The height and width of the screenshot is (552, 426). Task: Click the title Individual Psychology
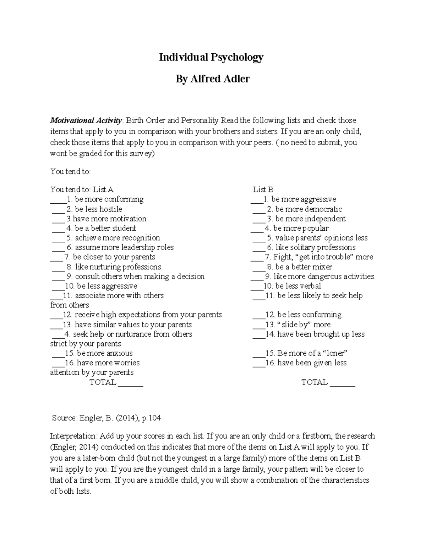coord(211,57)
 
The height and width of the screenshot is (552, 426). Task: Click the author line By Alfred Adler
coord(212,79)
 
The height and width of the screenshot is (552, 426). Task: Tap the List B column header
coord(263,190)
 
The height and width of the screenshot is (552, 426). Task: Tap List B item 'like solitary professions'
coord(315,247)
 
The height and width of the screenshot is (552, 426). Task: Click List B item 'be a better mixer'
coord(304,267)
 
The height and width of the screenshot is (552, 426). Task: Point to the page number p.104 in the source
coord(151,418)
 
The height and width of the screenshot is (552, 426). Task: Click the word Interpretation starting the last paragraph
coord(73,436)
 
